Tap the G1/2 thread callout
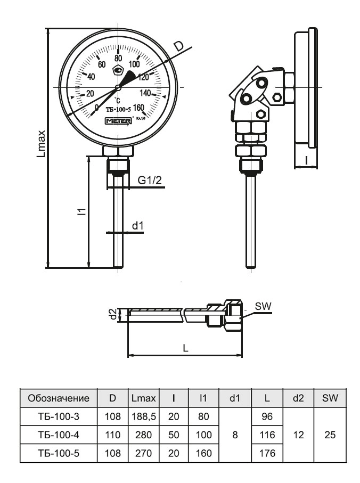pyautogui.click(x=150, y=181)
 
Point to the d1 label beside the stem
pyautogui.click(x=138, y=226)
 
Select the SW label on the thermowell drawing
pyautogui.click(x=263, y=306)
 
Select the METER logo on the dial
pyautogui.click(x=118, y=121)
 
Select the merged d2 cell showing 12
pyautogui.click(x=299, y=435)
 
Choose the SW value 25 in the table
pyautogui.click(x=330, y=435)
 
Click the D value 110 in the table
pyautogui.click(x=113, y=435)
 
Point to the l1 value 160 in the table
pyautogui.click(x=203, y=454)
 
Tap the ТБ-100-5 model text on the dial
pyautogui.click(x=118, y=110)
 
